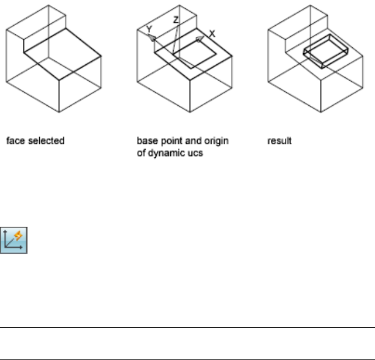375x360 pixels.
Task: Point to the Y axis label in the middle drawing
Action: pos(149,28)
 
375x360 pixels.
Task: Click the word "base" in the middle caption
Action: pos(145,141)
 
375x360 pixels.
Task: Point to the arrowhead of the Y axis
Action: pos(153,36)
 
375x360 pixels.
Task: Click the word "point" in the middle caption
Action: pos(164,141)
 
